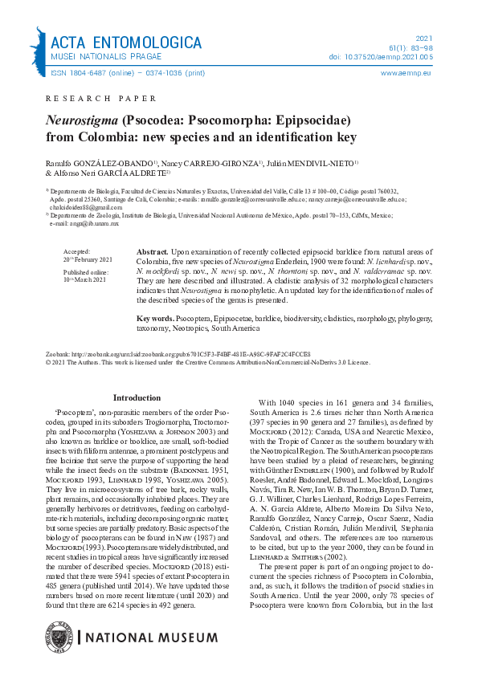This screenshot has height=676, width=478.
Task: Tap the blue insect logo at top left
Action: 38,50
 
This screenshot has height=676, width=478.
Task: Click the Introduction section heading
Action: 137,397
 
